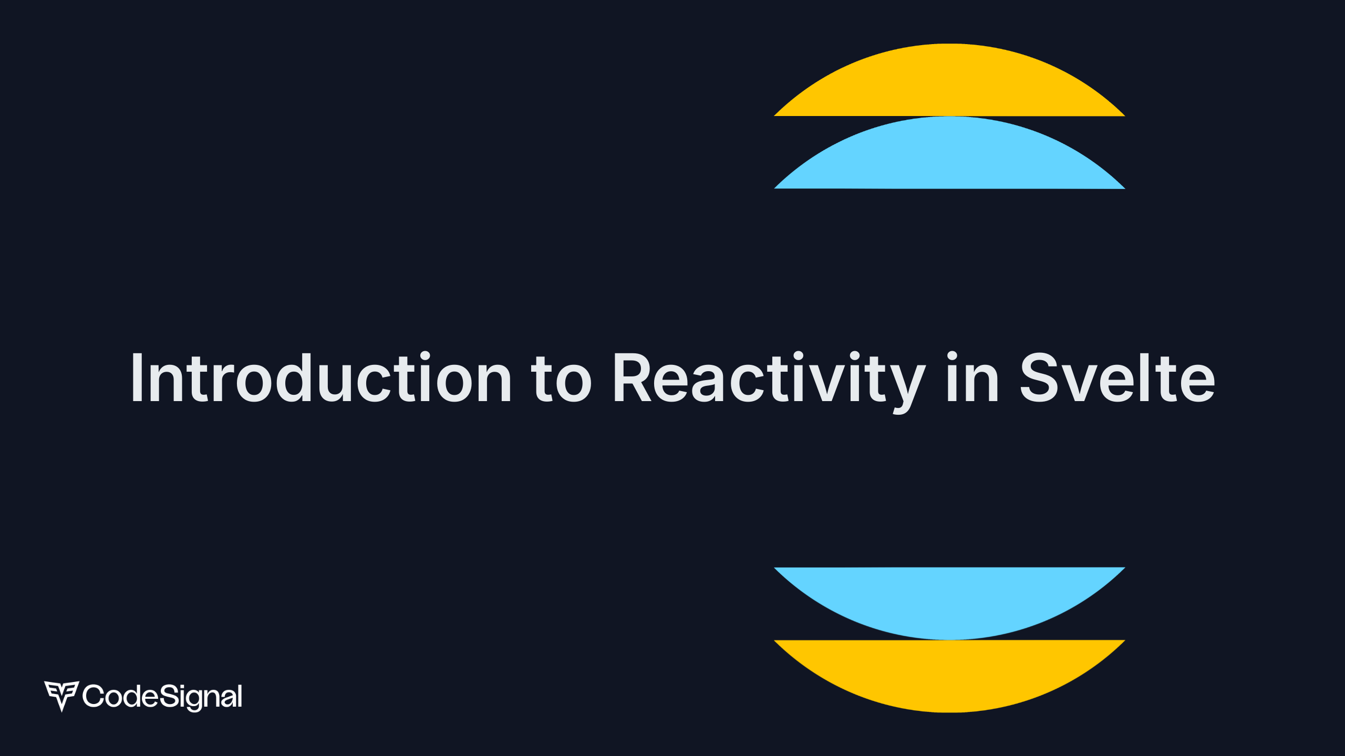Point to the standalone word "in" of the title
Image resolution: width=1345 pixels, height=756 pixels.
972,377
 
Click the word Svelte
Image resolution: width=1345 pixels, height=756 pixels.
1117,377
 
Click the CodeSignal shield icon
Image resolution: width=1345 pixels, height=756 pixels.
61,696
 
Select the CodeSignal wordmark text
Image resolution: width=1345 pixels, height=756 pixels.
162,697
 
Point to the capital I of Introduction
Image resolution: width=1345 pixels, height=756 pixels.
137,377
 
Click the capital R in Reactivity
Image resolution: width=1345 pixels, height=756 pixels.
634,377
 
